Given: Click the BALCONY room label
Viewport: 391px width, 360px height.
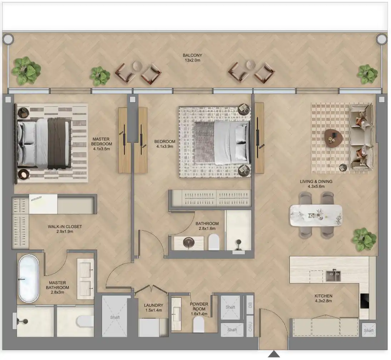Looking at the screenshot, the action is click(x=192, y=55).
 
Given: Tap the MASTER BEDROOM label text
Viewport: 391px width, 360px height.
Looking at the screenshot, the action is click(x=101, y=142).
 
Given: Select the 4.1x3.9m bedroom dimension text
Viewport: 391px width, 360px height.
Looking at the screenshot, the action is click(x=164, y=147).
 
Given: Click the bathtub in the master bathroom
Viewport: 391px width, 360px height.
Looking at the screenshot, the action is click(x=29, y=278).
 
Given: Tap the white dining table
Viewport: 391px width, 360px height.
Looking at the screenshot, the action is click(x=316, y=215).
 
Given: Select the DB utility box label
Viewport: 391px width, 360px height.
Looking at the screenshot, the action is click(x=250, y=305).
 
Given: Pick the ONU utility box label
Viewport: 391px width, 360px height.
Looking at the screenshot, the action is click(x=250, y=326).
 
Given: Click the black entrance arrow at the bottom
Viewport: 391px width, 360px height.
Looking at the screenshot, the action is click(x=273, y=354).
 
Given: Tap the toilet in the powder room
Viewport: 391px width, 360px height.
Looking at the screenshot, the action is click(x=198, y=324).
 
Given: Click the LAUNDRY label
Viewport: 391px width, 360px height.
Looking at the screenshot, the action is click(x=153, y=305).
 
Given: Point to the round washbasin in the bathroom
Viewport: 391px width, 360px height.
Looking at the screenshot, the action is click(x=188, y=242).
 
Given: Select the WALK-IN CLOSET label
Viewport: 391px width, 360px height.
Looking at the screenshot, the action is click(x=65, y=227).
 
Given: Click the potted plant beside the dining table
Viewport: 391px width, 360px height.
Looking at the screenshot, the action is click(x=364, y=239).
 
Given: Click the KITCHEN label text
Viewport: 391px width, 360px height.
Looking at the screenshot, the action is click(x=323, y=296).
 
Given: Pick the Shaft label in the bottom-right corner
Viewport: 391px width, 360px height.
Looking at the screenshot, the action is click(x=368, y=331).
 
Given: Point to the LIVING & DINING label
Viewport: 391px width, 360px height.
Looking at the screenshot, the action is click(x=316, y=181).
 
